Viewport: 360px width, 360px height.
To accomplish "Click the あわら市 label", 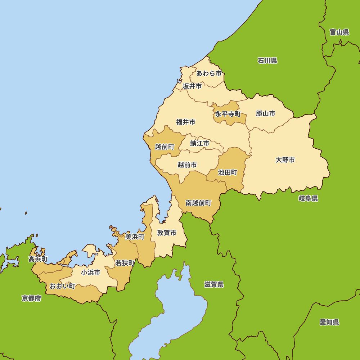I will click(209, 73).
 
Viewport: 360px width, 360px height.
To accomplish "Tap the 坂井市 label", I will click(192, 86).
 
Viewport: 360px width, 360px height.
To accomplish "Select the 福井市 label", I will click(186, 122).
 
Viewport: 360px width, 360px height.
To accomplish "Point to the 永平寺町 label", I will click(228, 114).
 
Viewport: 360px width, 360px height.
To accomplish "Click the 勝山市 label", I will click(266, 113).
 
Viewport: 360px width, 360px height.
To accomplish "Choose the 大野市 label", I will click(285, 160).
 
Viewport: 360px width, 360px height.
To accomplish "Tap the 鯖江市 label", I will click(200, 143).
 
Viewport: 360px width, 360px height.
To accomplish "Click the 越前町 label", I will click(165, 147).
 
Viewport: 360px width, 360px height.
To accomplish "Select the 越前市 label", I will click(187, 165).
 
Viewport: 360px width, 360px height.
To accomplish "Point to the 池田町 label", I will click(228, 172).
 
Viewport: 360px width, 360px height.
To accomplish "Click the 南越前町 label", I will click(198, 203).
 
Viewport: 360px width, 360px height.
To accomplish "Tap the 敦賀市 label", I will click(167, 233).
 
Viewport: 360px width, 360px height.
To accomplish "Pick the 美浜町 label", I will click(135, 237).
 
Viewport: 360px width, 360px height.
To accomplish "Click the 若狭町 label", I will click(125, 263).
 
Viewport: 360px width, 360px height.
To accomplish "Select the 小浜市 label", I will click(91, 273).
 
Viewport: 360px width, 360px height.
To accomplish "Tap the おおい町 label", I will click(62, 286).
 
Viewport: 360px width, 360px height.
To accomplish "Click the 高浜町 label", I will click(38, 259).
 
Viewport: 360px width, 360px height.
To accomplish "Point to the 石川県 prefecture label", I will click(267, 60).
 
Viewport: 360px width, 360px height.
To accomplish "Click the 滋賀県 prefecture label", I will click(214, 284).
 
